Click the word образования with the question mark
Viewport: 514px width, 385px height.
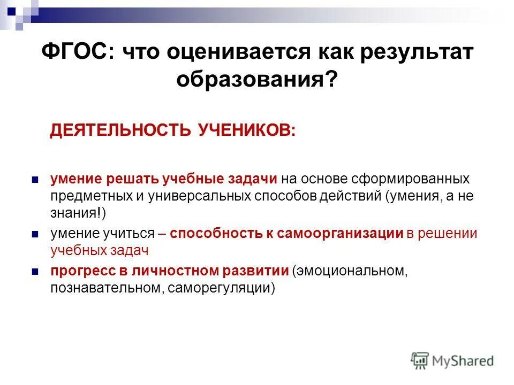tap(257, 80)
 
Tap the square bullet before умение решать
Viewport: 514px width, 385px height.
tap(35, 179)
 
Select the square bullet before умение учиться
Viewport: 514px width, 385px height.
tap(35, 234)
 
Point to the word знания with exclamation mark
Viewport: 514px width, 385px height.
tap(78, 213)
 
